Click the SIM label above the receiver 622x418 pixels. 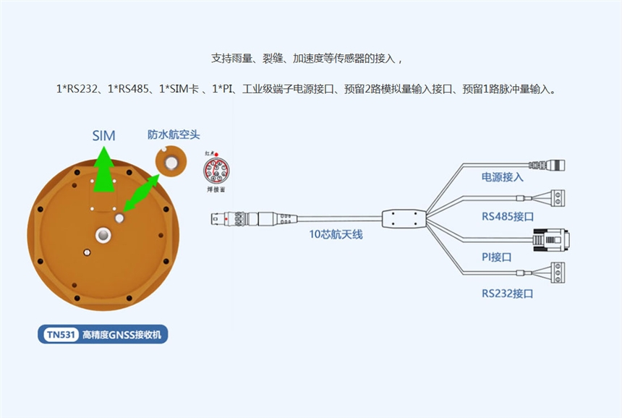103,135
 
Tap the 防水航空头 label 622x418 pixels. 174,135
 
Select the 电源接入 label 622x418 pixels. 503,177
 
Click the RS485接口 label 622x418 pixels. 508,216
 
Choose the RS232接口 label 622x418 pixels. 508,294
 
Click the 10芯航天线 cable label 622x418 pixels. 336,234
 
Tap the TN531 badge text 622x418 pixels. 61,335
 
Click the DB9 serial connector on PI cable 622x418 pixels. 550,239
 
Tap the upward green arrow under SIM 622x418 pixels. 105,170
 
